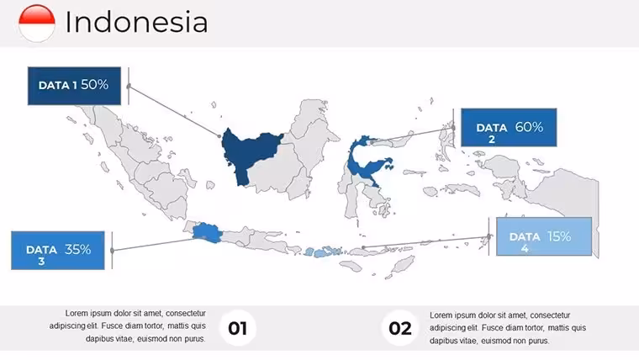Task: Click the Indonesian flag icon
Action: pos(37,23)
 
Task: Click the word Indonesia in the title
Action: pos(136,22)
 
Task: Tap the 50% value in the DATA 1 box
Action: pos(94,84)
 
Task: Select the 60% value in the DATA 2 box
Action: pos(529,127)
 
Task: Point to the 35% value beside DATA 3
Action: pos(78,249)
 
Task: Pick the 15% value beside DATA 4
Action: pos(559,236)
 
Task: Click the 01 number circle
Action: pos(238,328)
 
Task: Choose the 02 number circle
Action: pos(399,328)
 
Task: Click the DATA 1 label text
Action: pos(57,85)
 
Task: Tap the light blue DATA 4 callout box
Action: pos(544,236)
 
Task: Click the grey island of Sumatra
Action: pos(139,163)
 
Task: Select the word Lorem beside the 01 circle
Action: pos(77,313)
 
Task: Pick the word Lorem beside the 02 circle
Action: pos(441,315)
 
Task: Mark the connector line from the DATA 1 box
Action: pos(174,111)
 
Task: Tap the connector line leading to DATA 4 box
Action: pos(426,241)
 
